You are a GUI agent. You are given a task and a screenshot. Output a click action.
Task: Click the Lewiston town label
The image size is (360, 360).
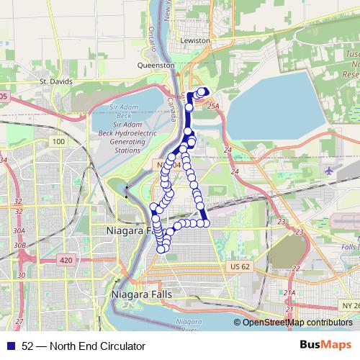(x=196, y=41)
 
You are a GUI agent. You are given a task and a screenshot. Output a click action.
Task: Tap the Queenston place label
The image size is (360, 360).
(x=156, y=65)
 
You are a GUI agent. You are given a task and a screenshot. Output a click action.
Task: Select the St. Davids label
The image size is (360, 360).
(x=56, y=81)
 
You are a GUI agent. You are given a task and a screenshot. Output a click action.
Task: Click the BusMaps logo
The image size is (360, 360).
(x=326, y=345)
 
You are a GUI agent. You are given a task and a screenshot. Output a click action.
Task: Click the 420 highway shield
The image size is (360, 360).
(x=66, y=259)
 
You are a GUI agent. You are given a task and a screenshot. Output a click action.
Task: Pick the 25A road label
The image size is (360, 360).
(x=212, y=106)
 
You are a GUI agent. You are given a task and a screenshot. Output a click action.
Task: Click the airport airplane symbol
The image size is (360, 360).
(x=330, y=171)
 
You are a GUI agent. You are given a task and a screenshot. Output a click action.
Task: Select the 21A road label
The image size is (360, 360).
(x=289, y=293)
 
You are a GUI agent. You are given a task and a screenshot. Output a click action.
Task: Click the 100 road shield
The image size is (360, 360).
(x=58, y=142)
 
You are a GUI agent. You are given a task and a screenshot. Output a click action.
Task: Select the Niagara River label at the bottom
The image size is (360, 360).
(x=187, y=324)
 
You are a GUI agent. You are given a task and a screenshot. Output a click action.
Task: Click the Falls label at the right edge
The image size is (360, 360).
(x=351, y=247)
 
